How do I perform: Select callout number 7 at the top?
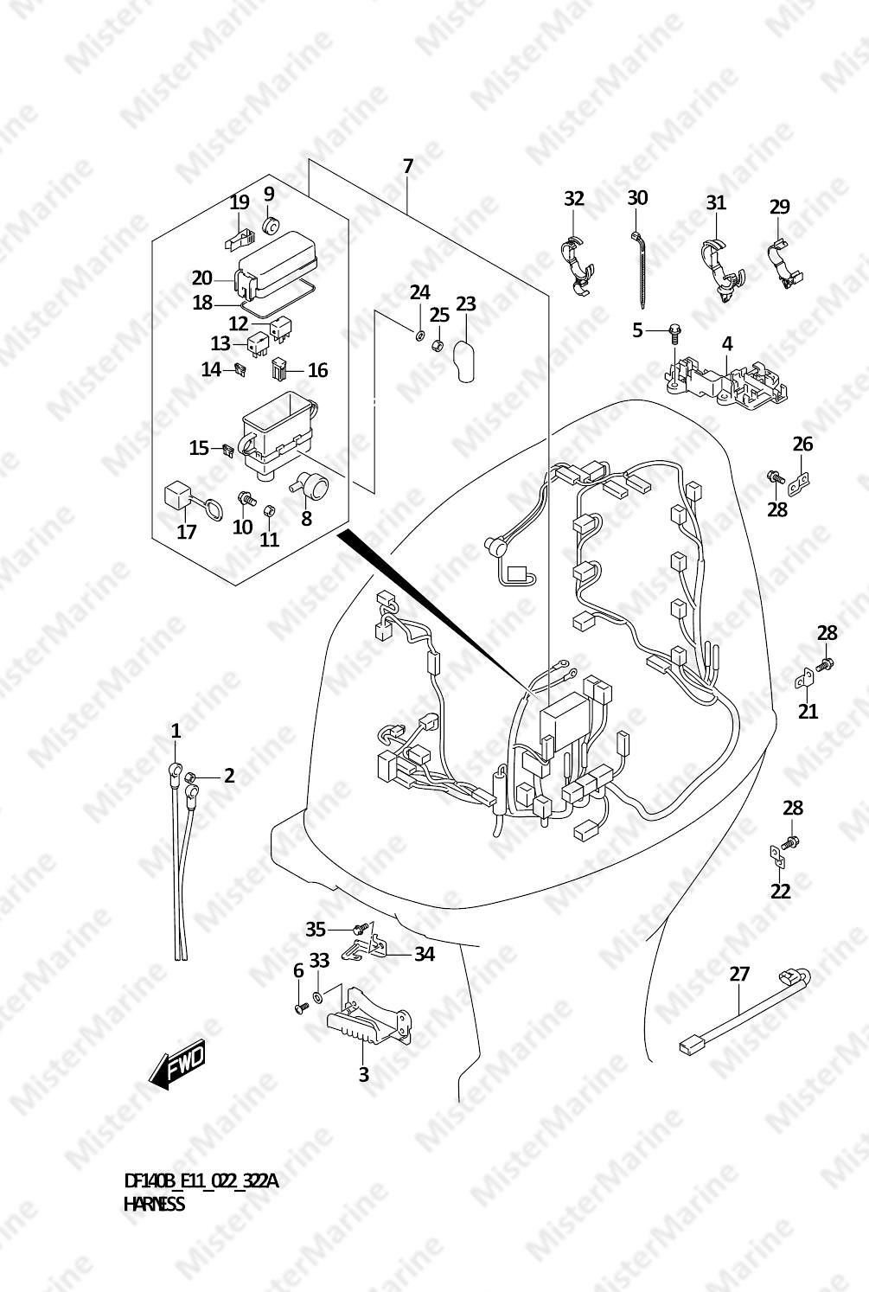(408, 166)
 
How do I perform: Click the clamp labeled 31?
(722, 269)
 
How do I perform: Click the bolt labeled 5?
(674, 332)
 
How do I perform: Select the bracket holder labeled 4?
(727, 381)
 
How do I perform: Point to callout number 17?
(186, 532)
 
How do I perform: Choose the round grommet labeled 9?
(269, 224)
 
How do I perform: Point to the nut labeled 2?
(191, 779)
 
